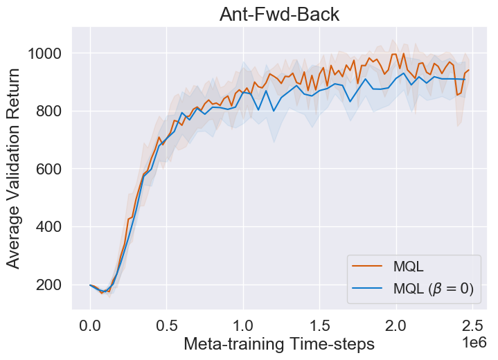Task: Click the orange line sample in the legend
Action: pos(366,267)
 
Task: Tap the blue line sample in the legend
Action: pos(366,289)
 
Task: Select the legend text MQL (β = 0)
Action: pos(432,289)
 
